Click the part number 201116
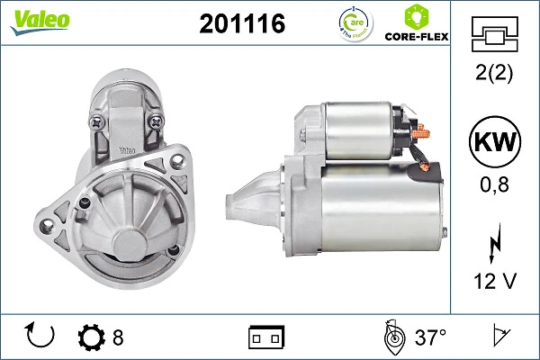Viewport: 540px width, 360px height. click(241, 24)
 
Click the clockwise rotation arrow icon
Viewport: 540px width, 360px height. click(41, 337)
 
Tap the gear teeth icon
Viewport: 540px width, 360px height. click(92, 337)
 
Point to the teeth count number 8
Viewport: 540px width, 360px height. click(118, 337)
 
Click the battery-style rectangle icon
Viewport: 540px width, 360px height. click(266, 337)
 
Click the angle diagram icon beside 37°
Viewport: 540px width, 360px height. click(393, 337)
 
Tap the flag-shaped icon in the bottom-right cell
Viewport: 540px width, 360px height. click(499, 337)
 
